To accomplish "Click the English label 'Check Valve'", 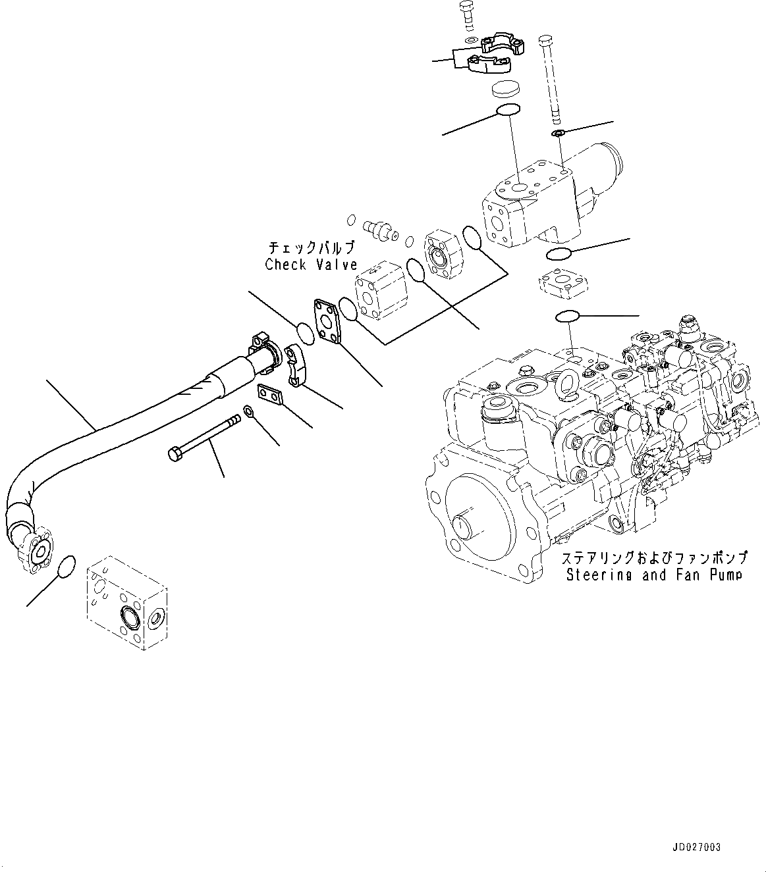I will pos(311,265).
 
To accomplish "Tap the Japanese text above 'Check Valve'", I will pos(311,248).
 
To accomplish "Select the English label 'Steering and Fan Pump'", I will pos(654,574).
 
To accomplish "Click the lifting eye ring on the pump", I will pos(566,383).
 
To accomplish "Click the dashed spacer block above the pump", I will pos(562,284).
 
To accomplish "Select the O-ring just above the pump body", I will pos(566,317).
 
